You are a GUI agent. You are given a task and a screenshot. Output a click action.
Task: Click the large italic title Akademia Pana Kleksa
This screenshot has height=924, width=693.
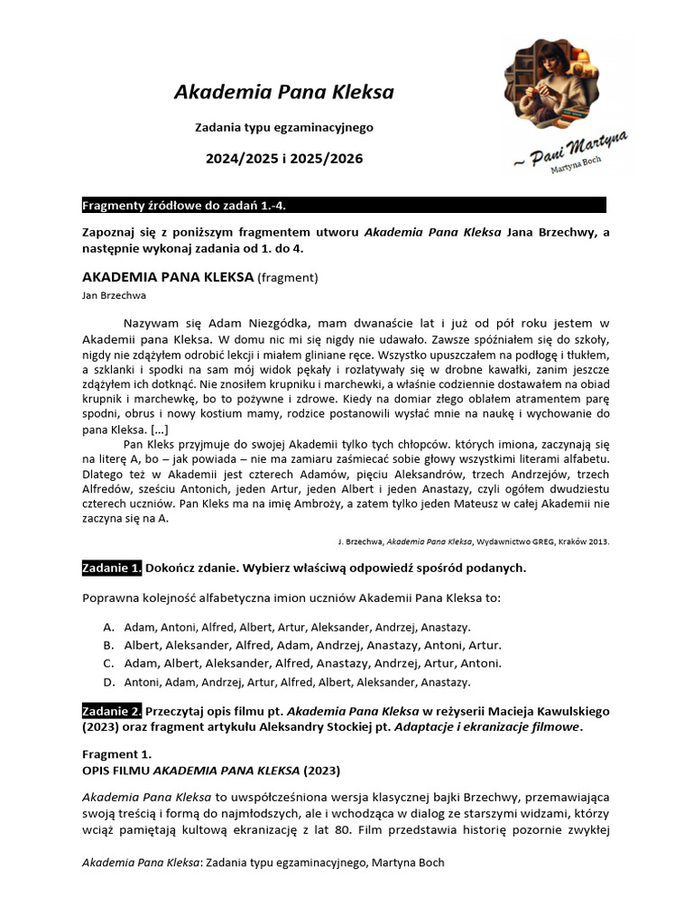pos(283,92)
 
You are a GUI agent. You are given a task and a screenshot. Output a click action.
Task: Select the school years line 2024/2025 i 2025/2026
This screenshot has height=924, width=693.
pos(283,158)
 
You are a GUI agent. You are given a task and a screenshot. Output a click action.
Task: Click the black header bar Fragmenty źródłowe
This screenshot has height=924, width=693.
pos(343,205)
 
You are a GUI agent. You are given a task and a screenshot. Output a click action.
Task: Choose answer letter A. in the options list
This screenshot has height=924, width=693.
pos(108,626)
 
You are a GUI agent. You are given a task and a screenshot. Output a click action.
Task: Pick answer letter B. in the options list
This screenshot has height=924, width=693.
pos(108,645)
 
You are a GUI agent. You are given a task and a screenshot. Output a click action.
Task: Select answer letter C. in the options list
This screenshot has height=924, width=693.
pos(108,663)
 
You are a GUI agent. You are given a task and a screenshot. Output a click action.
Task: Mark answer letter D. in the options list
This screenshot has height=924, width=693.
pos(108,682)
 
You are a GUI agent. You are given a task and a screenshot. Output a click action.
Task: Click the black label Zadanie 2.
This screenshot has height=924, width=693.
pos(112,710)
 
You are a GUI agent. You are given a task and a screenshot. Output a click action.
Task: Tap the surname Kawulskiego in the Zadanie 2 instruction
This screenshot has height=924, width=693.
pos(559,710)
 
